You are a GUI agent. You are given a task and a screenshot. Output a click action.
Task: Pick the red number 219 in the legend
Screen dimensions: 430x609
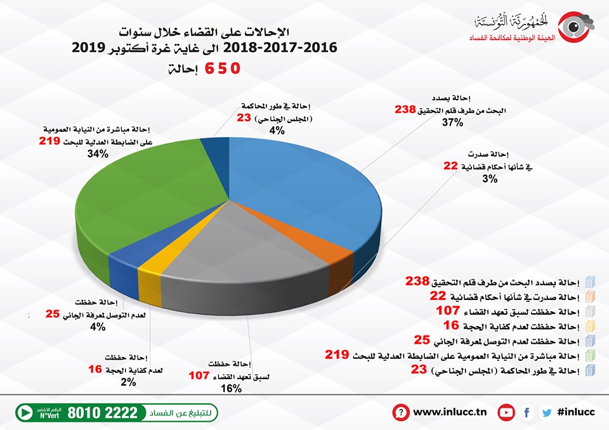(x=336, y=356)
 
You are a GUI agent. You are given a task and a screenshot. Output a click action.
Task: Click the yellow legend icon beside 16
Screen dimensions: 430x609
(x=589, y=327)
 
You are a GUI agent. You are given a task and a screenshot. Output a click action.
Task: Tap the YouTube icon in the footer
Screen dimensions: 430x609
(x=506, y=412)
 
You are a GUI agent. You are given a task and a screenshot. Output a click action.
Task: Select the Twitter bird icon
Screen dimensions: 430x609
(x=546, y=412)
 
